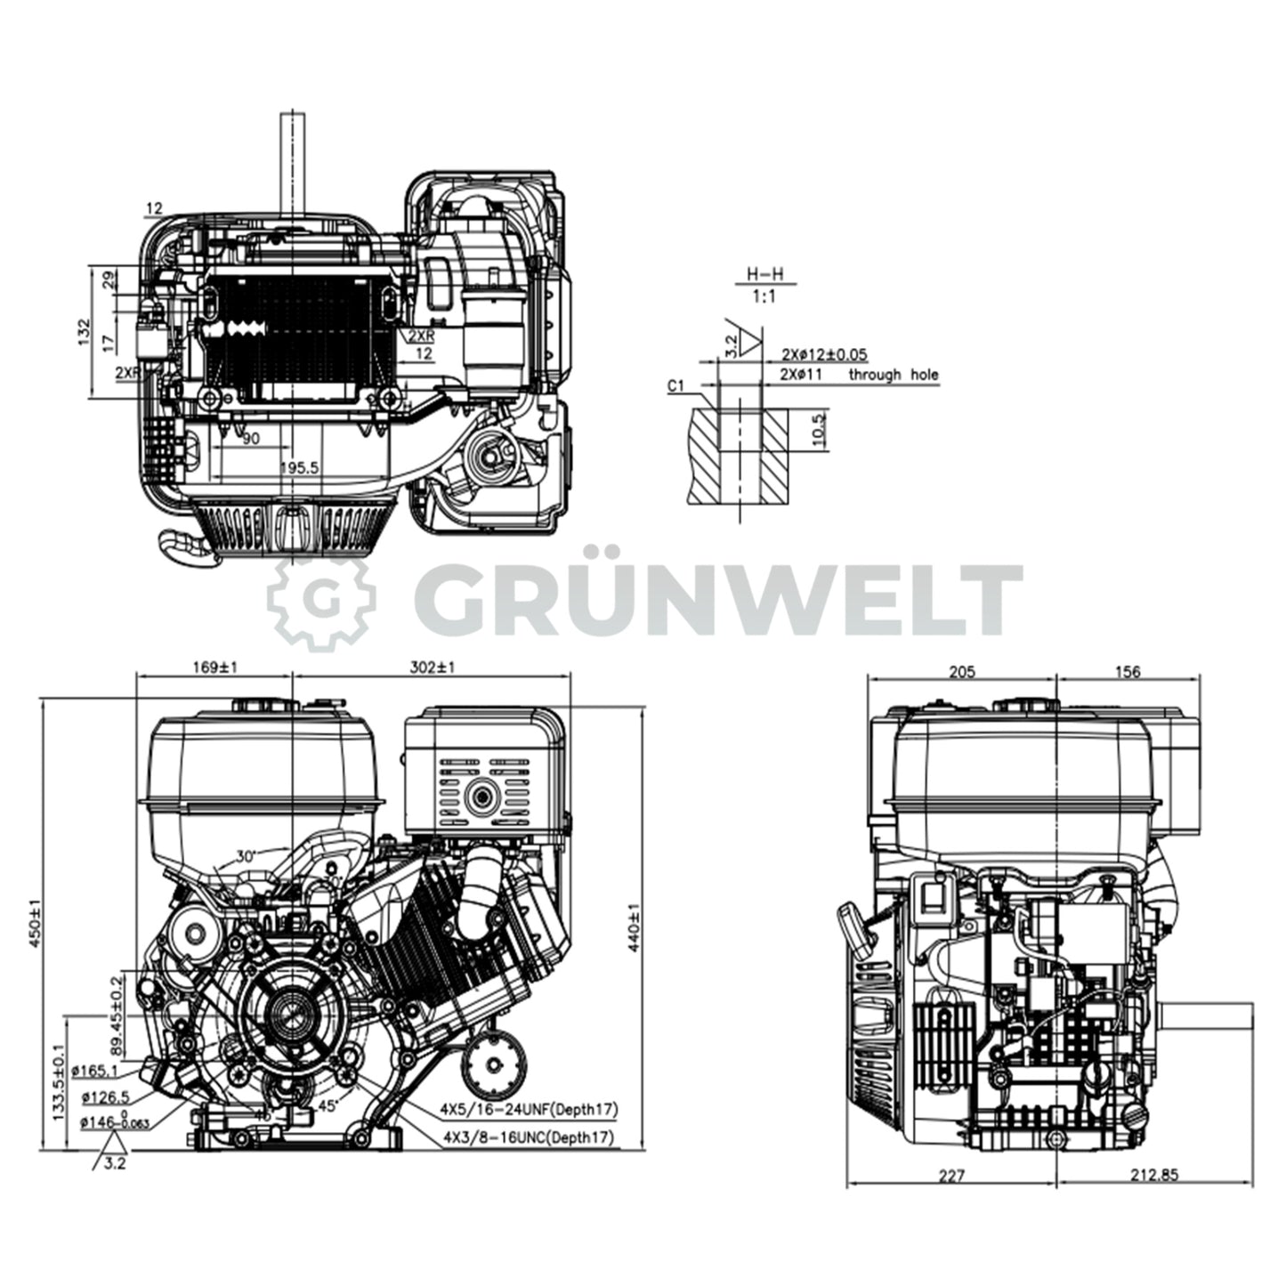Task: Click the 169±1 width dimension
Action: (x=213, y=667)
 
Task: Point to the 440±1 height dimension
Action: (x=634, y=928)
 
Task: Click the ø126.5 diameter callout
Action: (x=105, y=1097)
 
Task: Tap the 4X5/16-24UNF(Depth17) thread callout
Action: (x=529, y=1109)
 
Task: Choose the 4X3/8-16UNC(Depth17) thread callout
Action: (x=529, y=1137)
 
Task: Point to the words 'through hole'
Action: (x=893, y=376)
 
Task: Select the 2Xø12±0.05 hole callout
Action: (x=823, y=354)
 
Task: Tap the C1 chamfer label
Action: (x=675, y=385)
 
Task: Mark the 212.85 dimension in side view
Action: (x=1154, y=1175)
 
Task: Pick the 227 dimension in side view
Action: (x=951, y=1175)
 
